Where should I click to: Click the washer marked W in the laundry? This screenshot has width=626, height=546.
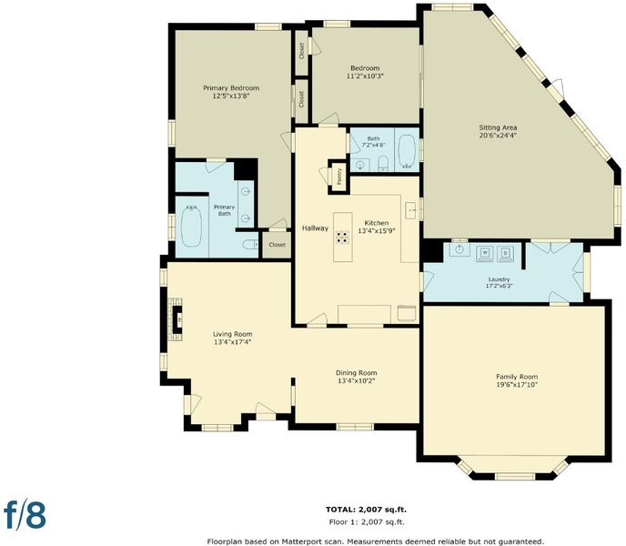(x=485, y=254)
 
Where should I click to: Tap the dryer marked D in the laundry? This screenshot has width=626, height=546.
(x=505, y=254)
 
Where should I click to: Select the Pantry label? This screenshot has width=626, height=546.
(x=339, y=177)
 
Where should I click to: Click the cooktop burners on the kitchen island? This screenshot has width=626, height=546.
(x=342, y=238)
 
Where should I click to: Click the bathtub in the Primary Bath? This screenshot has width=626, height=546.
(x=191, y=226)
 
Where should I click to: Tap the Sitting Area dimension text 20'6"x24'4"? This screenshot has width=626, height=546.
(x=498, y=136)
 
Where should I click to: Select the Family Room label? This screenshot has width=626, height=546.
(x=517, y=376)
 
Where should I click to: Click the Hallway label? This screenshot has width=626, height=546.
(x=315, y=228)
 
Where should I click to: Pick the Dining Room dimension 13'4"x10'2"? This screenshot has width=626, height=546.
(x=356, y=380)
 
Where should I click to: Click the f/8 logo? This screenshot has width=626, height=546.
(x=25, y=514)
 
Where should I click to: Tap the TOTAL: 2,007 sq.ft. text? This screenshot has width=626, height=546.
(x=366, y=510)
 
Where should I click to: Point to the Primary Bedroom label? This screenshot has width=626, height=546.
(x=231, y=88)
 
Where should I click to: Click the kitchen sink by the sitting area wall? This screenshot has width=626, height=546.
(x=411, y=210)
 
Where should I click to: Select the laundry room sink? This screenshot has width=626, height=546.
(x=459, y=249)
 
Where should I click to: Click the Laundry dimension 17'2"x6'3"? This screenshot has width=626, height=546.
(x=499, y=286)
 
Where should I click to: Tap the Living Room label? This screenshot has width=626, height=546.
(x=232, y=334)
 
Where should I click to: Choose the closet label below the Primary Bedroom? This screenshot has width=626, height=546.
(x=278, y=245)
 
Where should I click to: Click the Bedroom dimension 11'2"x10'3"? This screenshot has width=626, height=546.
(x=365, y=76)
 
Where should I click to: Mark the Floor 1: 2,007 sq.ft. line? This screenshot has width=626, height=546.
(x=367, y=521)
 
